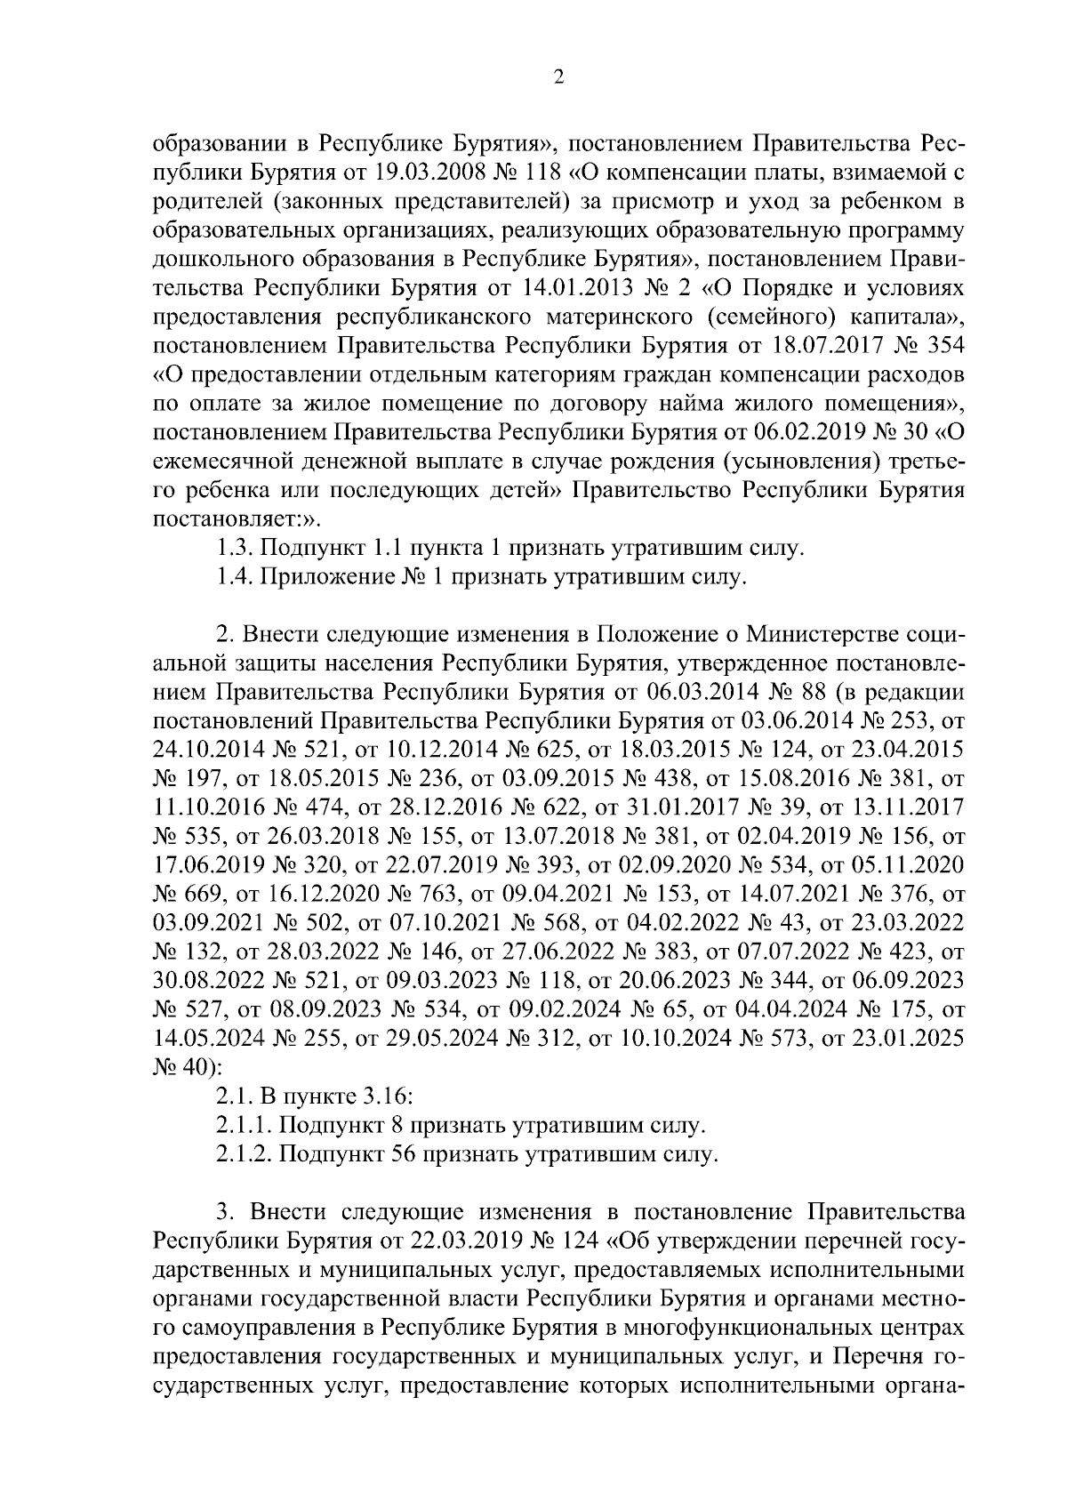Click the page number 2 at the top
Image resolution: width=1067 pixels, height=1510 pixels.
tap(558, 77)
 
